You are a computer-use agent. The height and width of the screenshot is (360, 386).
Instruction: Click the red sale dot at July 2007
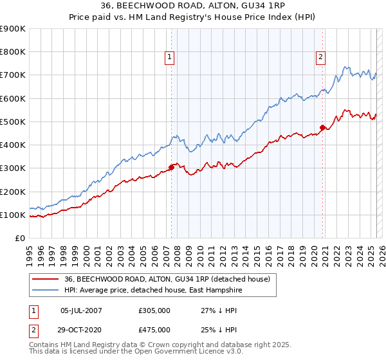172,167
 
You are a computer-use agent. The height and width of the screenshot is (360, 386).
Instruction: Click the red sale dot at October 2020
323,127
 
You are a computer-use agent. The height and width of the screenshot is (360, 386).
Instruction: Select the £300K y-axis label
13,168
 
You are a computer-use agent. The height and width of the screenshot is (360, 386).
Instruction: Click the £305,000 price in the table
154,310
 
